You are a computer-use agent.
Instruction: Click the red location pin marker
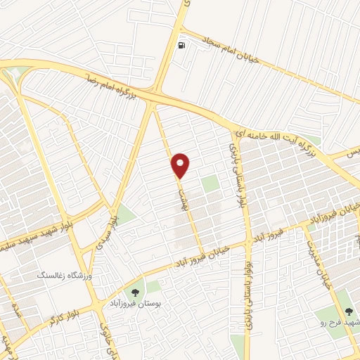click(181, 165)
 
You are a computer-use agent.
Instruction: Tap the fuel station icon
click(183, 46)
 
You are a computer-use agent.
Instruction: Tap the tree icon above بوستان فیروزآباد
click(131, 289)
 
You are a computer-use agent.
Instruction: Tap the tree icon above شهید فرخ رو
click(349, 310)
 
